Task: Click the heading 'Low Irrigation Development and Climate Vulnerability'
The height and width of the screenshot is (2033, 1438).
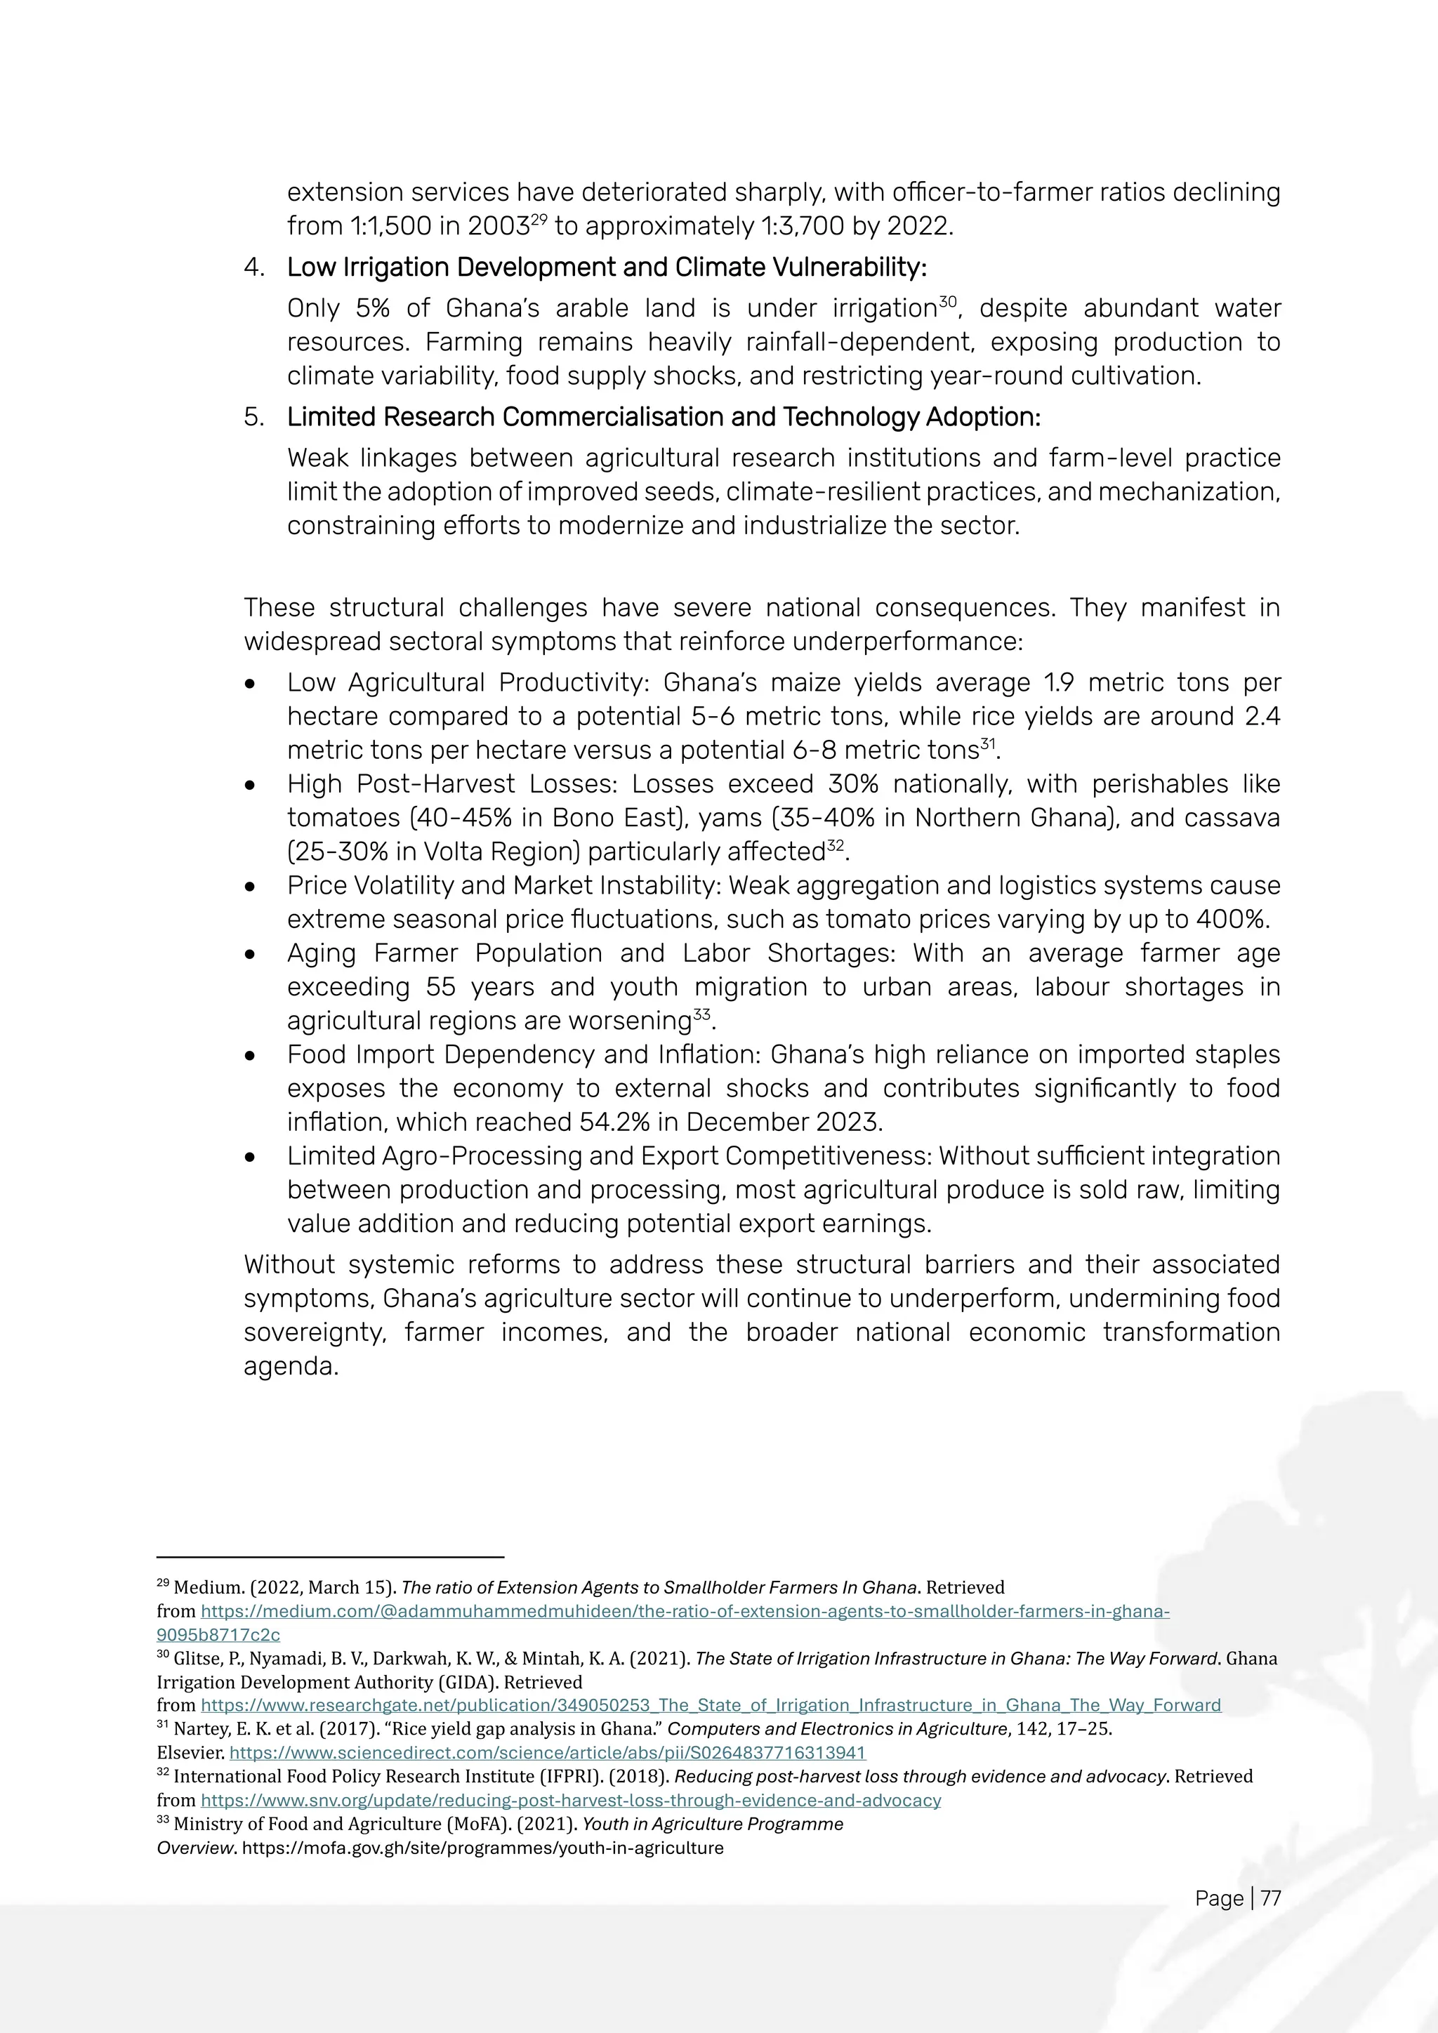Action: point(607,267)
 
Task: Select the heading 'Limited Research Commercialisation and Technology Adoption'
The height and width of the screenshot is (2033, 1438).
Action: point(664,417)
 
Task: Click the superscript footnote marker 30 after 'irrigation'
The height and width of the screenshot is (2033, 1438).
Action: point(947,303)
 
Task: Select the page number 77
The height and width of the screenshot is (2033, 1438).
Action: point(1271,1898)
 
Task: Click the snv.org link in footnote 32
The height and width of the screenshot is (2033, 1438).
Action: point(570,1800)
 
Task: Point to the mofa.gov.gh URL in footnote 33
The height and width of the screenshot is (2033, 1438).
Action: point(482,1848)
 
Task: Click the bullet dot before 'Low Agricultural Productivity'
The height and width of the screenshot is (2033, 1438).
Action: point(251,684)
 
